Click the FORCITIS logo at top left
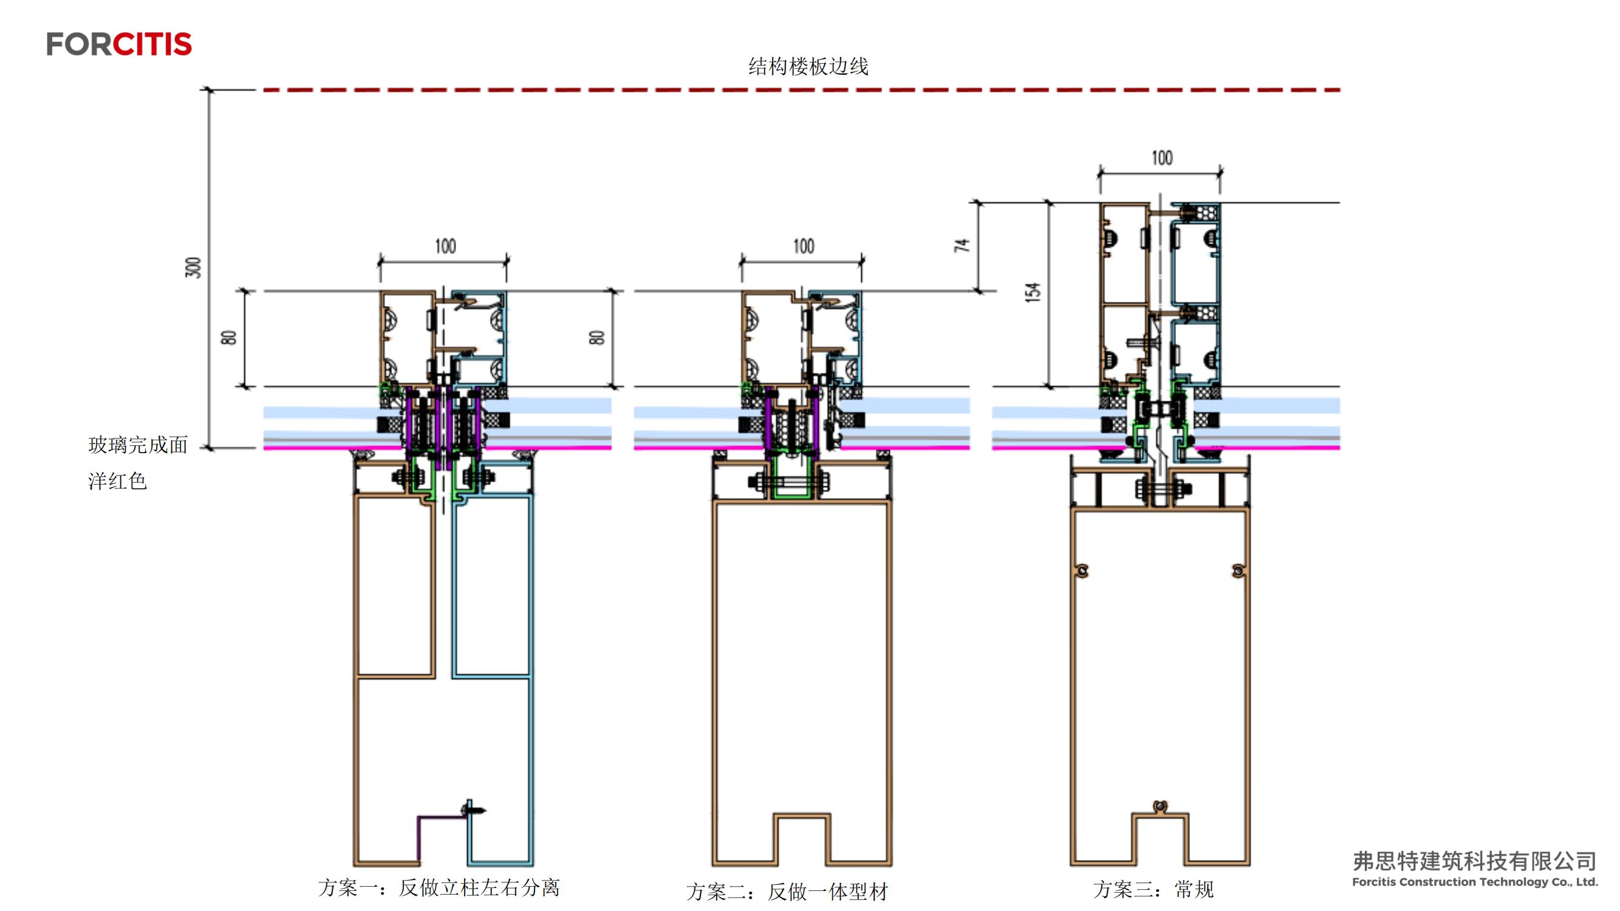(x=119, y=44)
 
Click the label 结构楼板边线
(x=808, y=66)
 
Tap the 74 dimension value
(x=962, y=245)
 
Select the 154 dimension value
(x=1033, y=292)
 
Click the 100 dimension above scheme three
(x=1161, y=158)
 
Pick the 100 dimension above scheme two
(x=803, y=247)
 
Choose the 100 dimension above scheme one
(x=445, y=247)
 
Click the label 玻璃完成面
(x=138, y=445)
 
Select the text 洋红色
(x=117, y=482)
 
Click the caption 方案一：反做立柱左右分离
(x=439, y=888)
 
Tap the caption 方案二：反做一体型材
(x=787, y=892)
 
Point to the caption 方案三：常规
(x=1153, y=890)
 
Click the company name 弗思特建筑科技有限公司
(x=1474, y=861)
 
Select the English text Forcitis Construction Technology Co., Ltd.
(x=1474, y=882)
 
